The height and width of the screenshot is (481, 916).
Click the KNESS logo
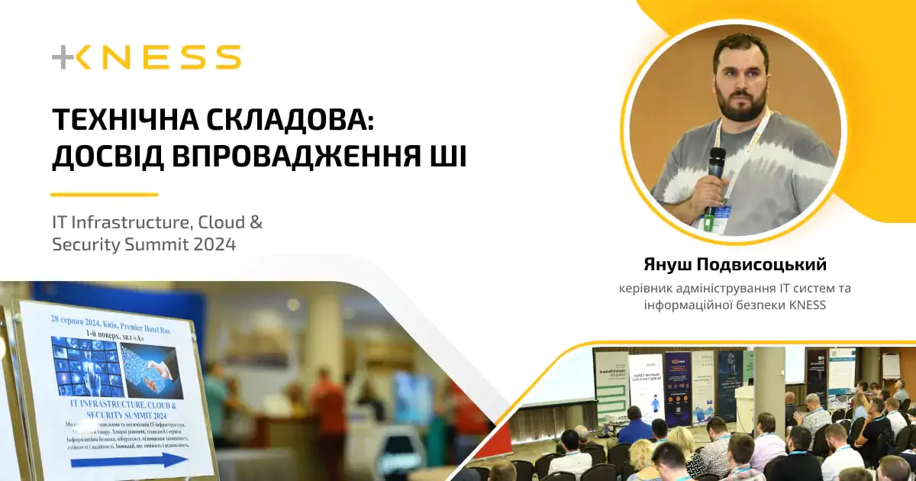tap(147, 57)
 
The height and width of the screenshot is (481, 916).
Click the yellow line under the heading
tap(104, 195)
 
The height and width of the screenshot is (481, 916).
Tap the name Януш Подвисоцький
tap(734, 265)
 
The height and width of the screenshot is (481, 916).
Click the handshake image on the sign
tap(152, 371)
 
